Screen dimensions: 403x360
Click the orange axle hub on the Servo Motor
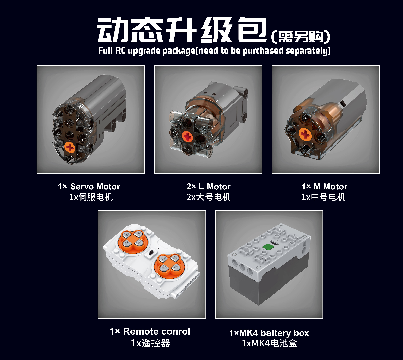coord(70,148)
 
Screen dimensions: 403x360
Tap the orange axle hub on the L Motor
coord(187,136)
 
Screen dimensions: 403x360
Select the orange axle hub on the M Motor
coord(305,134)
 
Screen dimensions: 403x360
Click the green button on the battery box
coord(268,246)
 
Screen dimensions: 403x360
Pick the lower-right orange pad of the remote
coord(169,266)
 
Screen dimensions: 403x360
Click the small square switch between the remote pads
coord(151,253)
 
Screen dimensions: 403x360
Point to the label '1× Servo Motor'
coord(89,186)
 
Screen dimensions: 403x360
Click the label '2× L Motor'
coord(209,186)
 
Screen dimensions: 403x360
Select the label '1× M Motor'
coord(324,186)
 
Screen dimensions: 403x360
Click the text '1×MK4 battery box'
coord(269,333)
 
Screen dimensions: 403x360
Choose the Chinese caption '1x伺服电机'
coord(91,197)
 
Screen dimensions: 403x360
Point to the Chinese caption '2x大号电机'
coord(209,197)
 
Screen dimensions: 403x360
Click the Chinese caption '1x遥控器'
coord(150,343)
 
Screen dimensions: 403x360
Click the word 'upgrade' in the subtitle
coord(144,51)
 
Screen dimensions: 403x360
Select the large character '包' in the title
coord(253,30)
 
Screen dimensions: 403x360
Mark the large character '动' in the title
coord(113,30)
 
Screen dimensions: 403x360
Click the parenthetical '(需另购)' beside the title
coord(300,36)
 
